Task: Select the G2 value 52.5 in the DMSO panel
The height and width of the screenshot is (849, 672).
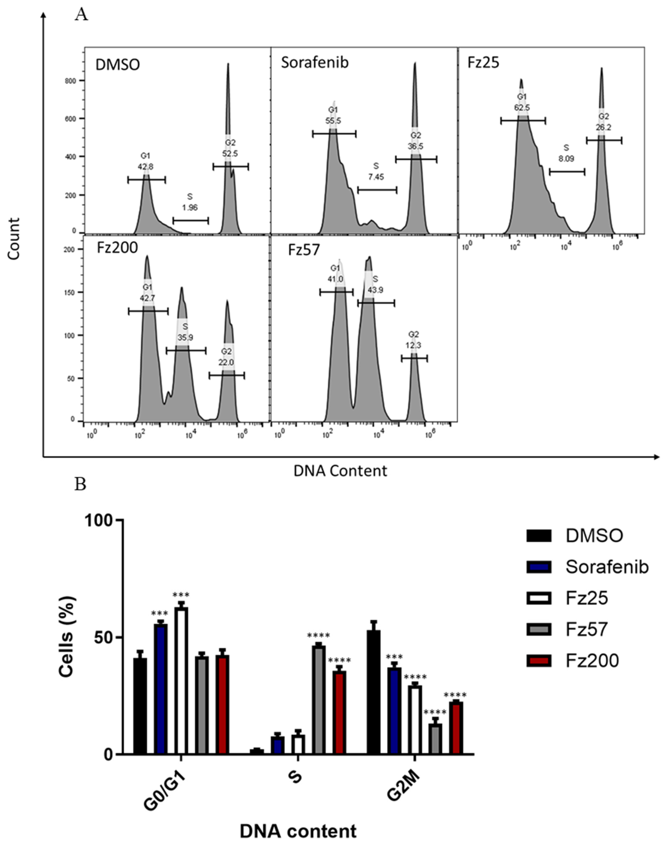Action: pos(230,154)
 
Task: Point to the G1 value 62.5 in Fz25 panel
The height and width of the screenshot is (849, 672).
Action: pos(522,107)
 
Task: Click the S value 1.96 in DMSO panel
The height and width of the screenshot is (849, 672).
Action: pos(190,207)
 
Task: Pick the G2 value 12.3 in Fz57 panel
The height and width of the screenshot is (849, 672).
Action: pos(414,345)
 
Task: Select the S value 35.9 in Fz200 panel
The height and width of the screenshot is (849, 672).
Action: pos(185,337)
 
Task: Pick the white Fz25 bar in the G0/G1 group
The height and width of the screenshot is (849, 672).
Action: pos(181,681)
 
